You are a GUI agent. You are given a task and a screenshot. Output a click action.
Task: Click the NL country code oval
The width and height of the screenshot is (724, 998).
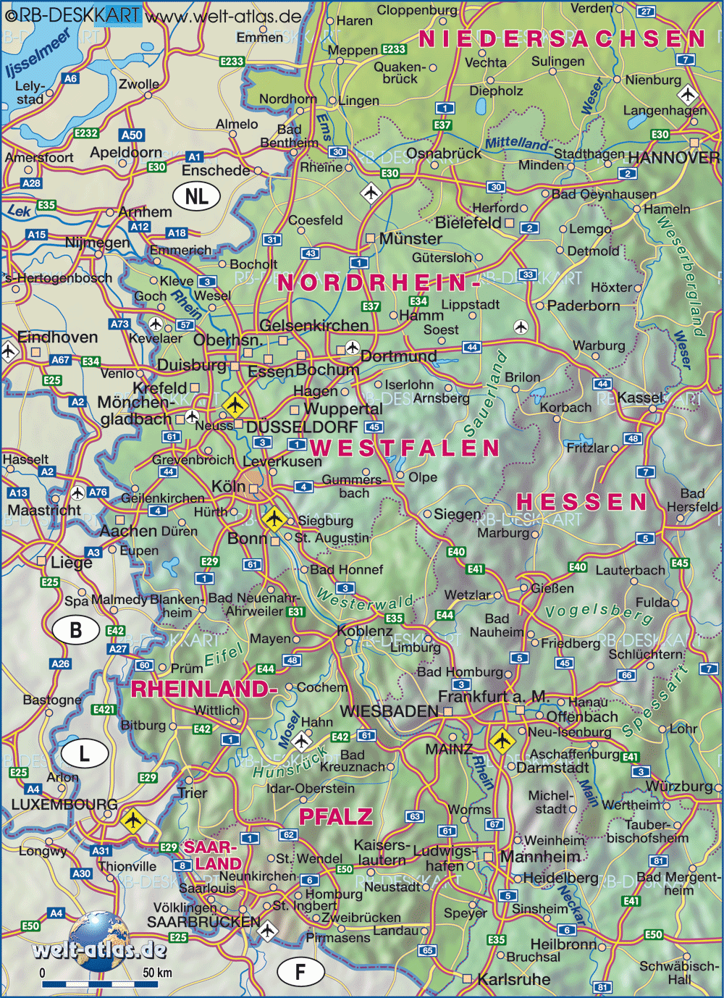[196, 196]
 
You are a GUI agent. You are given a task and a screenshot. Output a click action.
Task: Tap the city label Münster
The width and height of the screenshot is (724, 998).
[410, 239]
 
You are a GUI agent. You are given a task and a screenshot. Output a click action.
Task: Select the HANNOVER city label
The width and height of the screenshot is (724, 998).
[673, 158]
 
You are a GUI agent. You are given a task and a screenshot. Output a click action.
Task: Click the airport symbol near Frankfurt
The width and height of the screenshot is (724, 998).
[501, 741]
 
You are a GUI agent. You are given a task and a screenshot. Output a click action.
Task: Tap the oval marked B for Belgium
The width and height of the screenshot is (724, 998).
[75, 630]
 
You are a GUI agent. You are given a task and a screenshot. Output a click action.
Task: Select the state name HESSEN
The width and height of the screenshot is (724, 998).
[581, 502]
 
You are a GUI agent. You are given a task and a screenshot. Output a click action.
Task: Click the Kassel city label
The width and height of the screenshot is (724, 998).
[641, 398]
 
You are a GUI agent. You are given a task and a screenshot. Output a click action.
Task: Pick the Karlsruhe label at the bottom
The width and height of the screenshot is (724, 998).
[513, 980]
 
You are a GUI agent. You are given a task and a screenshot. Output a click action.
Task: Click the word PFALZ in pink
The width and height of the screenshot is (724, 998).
[335, 817]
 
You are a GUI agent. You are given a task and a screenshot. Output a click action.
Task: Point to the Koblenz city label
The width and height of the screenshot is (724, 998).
[364, 631]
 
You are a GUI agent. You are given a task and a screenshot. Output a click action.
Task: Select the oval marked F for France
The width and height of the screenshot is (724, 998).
[300, 972]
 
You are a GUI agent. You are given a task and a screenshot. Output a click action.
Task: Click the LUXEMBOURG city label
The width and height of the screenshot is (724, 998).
[64, 805]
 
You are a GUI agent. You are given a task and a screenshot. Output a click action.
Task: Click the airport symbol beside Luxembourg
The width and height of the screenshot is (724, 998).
[132, 821]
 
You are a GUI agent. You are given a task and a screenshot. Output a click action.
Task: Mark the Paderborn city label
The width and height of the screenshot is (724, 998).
[584, 306]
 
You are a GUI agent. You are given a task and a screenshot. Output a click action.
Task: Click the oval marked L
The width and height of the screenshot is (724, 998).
[84, 754]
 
